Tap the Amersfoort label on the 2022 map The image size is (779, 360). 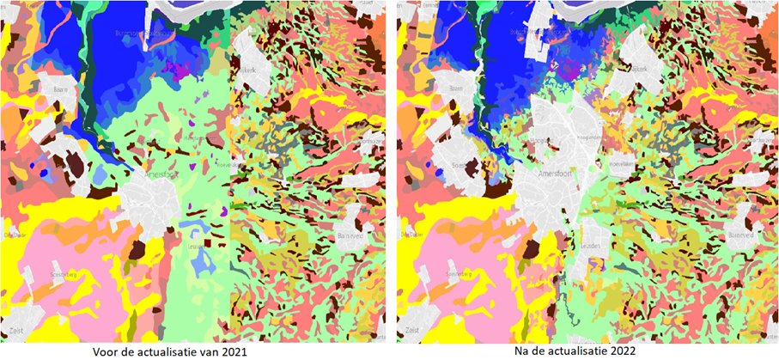552,173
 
